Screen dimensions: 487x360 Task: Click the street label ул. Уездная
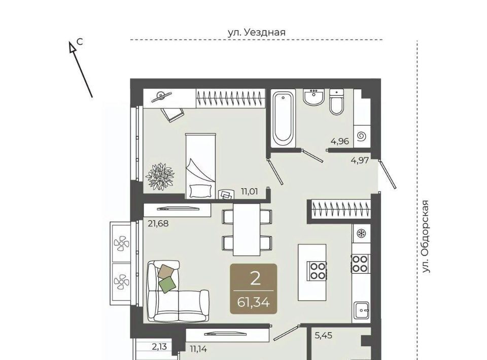point(257,32)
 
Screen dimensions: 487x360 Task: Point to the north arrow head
point(73,47)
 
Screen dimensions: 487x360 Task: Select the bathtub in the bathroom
point(283,118)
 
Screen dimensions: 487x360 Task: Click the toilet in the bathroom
point(337,102)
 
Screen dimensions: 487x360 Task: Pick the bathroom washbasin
point(314,97)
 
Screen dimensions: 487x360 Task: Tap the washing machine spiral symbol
point(362,136)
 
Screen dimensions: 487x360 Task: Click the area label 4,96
point(340,141)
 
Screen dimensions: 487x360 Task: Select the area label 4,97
point(360,160)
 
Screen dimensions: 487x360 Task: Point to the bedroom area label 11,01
point(250,191)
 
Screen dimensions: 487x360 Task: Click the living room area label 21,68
point(158,224)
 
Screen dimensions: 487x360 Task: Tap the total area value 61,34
point(253,302)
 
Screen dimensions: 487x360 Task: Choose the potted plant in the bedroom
point(160,176)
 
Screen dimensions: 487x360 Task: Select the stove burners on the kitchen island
point(317,271)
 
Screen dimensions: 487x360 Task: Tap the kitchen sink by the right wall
point(361,311)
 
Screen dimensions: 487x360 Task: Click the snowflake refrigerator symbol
point(361,233)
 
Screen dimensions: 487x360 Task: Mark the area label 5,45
point(324,336)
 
